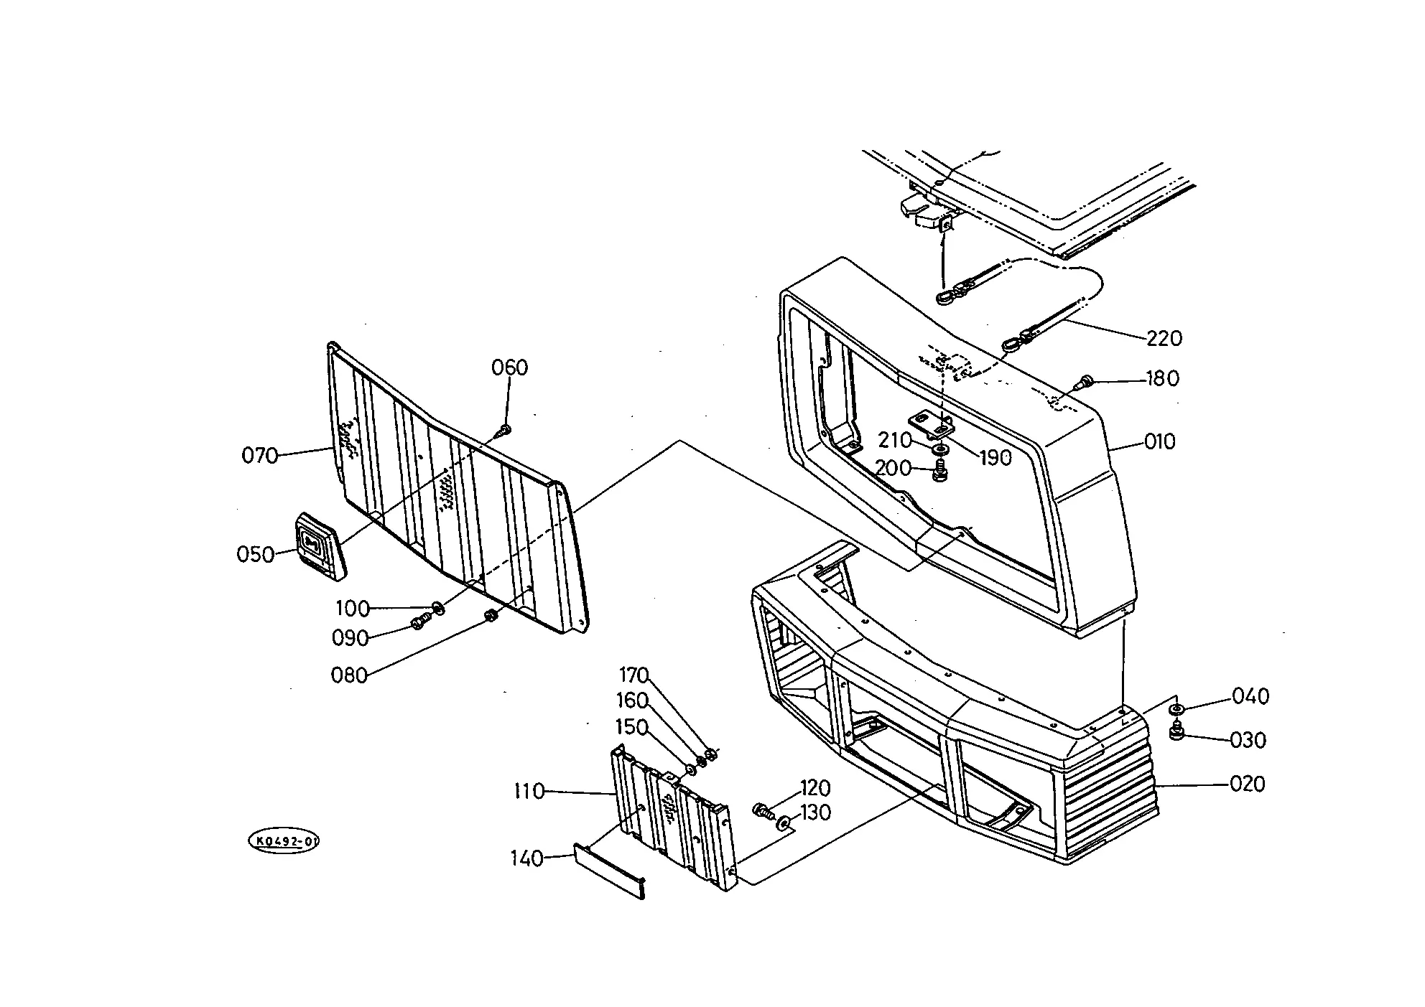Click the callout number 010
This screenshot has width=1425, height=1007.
1159,441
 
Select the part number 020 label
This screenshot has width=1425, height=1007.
1248,784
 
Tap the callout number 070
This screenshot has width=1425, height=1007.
259,455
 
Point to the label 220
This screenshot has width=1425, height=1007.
1164,338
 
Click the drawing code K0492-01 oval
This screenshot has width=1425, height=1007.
283,841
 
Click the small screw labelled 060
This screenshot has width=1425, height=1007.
505,430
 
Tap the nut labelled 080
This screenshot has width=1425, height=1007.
491,616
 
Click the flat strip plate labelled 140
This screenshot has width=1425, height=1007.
609,871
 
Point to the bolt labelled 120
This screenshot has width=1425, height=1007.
762,812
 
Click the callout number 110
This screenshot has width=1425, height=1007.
530,792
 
